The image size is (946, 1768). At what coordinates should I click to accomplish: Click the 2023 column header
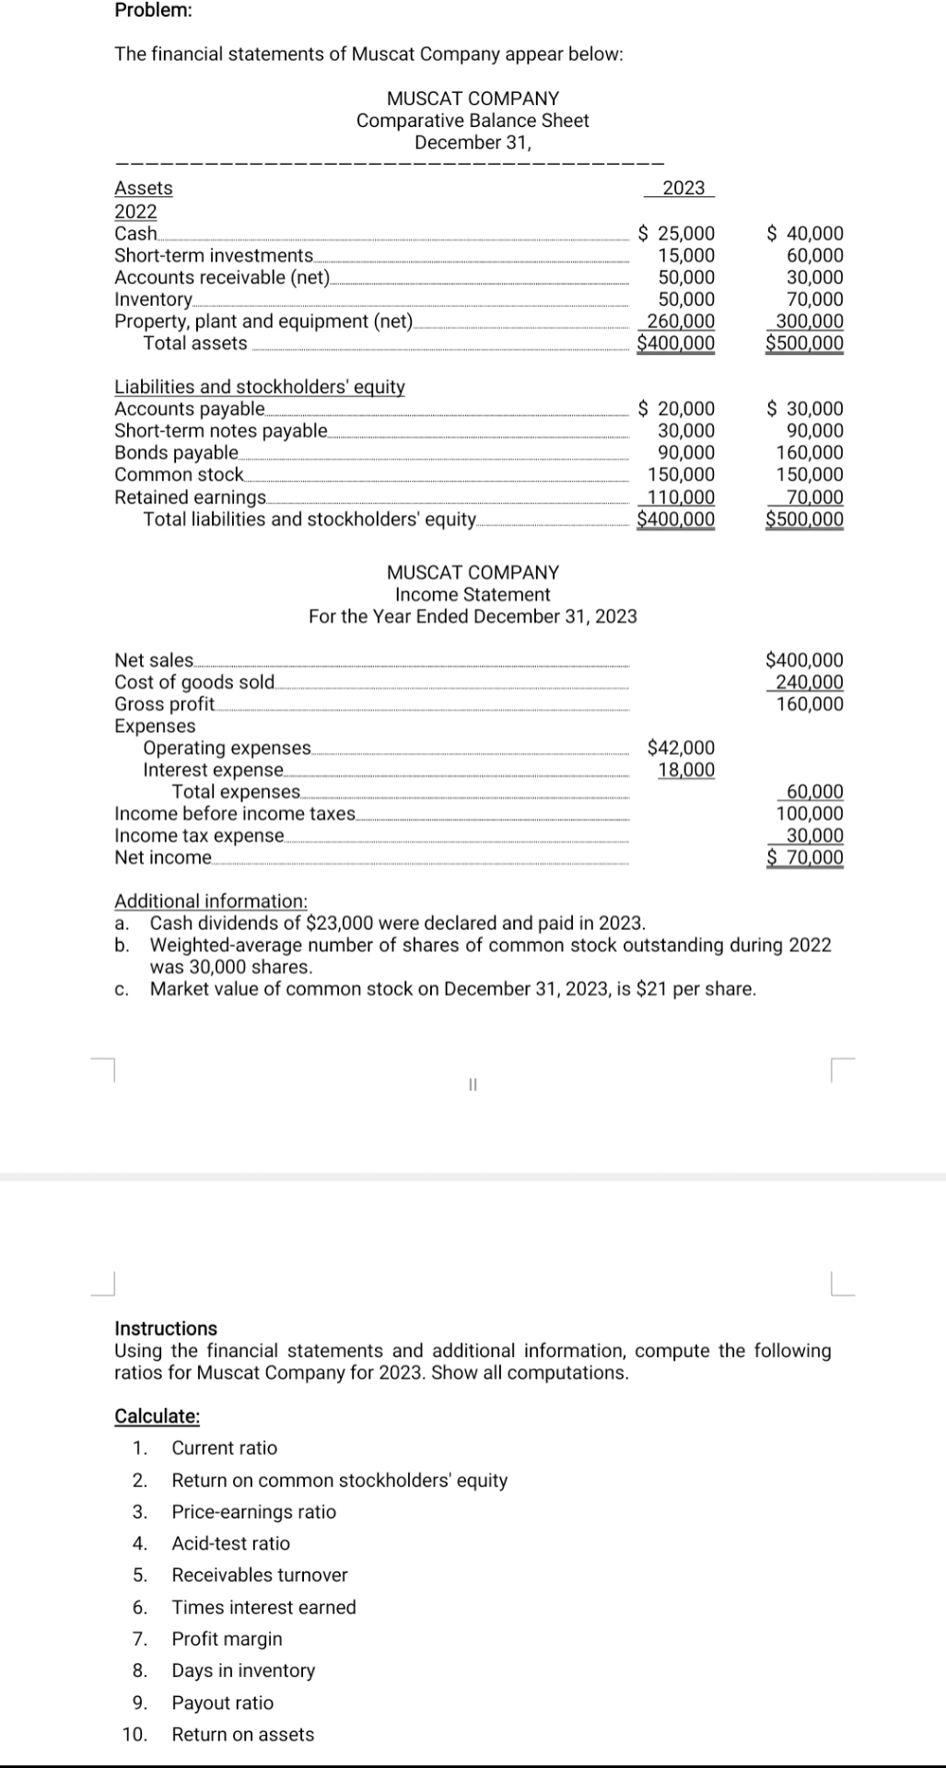pyautogui.click(x=683, y=188)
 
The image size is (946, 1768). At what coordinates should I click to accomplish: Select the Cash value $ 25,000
pyautogui.click(x=677, y=234)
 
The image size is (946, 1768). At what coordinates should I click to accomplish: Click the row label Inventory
pyautogui.click(x=153, y=299)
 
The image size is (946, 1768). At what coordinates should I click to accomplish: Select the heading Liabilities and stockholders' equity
pyautogui.click(x=259, y=387)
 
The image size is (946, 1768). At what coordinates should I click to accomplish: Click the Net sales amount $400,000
pyautogui.click(x=804, y=660)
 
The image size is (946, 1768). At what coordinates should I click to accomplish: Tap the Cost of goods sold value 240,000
pyautogui.click(x=809, y=682)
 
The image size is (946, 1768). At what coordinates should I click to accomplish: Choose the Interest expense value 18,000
pyautogui.click(x=685, y=770)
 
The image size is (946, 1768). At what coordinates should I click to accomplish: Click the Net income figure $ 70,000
pyautogui.click(x=805, y=858)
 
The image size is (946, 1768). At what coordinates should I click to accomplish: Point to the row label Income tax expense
pyautogui.click(x=199, y=836)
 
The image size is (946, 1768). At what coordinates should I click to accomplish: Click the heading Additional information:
pyautogui.click(x=210, y=901)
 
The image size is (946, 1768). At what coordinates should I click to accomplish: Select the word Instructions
pyautogui.click(x=166, y=1328)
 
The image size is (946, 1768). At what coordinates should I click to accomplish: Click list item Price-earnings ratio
pyautogui.click(x=253, y=1511)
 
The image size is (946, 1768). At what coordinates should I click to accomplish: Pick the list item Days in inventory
pyautogui.click(x=243, y=1669)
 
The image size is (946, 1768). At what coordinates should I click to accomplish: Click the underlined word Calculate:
pyautogui.click(x=157, y=1416)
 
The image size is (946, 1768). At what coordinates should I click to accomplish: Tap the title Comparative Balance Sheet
pyautogui.click(x=473, y=121)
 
